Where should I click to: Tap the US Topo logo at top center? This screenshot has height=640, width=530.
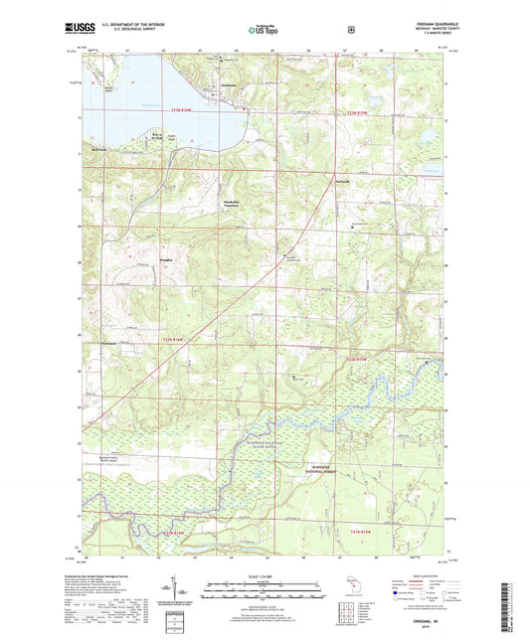264,30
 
